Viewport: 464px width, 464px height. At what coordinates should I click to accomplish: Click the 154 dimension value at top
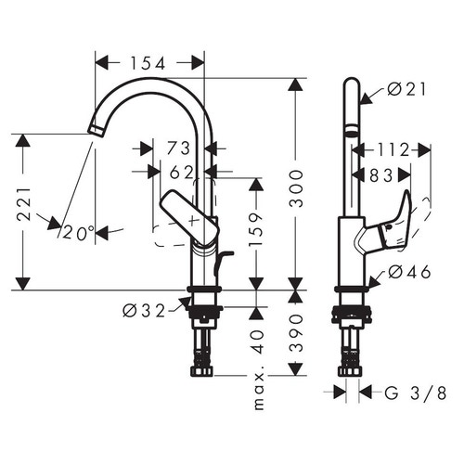[148, 63]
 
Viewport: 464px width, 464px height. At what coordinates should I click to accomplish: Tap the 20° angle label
[79, 233]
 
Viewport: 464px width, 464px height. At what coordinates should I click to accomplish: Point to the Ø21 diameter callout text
[400, 89]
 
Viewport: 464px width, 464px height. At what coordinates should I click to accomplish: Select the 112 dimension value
[393, 148]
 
